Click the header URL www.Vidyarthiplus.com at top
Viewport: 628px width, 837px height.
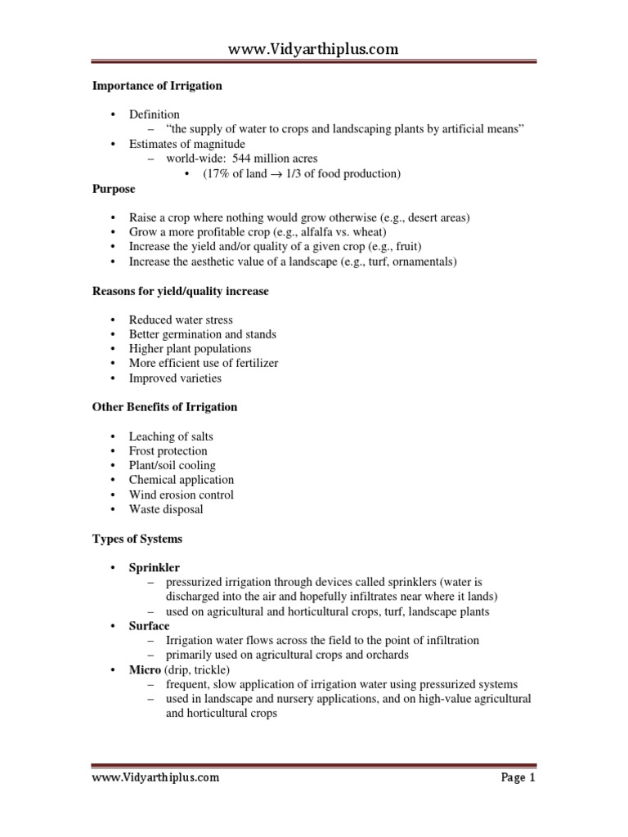click(313, 49)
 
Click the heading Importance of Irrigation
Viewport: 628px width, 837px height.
click(155, 86)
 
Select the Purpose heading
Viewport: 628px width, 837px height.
click(114, 188)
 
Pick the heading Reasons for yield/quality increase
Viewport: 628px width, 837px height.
click(179, 290)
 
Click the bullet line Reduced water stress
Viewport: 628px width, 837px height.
click(180, 320)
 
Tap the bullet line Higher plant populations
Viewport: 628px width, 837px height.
click(190, 349)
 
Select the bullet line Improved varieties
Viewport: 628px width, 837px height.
click(175, 378)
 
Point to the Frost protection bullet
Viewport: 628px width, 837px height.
click(168, 450)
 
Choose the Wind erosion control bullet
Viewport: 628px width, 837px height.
click(181, 495)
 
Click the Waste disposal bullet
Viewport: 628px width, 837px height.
click(166, 509)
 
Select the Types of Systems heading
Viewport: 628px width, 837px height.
click(137, 539)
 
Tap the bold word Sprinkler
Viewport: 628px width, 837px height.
click(154, 567)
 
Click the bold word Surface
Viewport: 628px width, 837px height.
click(149, 625)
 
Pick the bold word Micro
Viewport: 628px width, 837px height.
click(145, 669)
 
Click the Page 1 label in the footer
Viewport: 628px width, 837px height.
click(518, 778)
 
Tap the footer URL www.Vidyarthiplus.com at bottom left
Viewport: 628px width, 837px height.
click(155, 778)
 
